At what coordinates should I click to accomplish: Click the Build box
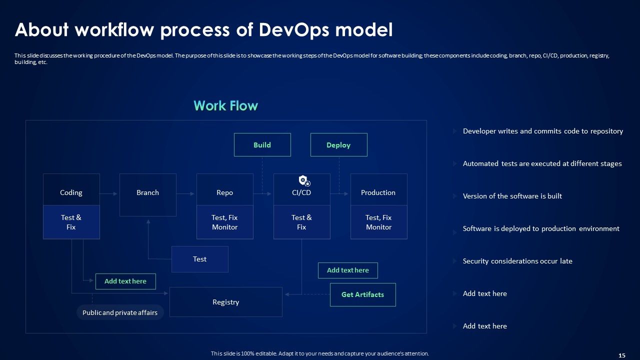(262, 145)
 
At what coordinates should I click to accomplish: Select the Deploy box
(338, 145)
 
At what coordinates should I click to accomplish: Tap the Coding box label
(71, 192)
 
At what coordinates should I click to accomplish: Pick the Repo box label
(224, 192)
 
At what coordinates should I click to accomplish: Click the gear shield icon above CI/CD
(303, 180)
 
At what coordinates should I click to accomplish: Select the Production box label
(378, 192)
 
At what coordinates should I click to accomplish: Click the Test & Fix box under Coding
(71, 222)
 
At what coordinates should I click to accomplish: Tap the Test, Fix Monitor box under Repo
(224, 222)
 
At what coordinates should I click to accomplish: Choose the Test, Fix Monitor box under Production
(378, 222)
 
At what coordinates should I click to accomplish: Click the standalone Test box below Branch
(199, 259)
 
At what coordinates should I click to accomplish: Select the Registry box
(225, 302)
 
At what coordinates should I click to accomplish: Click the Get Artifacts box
(362, 294)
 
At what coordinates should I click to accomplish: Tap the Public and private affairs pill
(120, 312)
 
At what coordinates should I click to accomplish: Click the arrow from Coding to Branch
(109, 193)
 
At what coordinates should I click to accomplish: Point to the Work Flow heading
(225, 105)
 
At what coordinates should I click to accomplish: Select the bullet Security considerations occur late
(517, 261)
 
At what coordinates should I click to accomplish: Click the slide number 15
(621, 355)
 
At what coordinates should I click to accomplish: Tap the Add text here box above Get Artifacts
(347, 270)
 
